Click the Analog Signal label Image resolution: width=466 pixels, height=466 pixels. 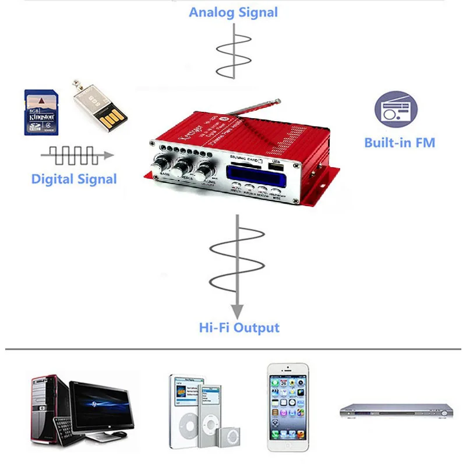pyautogui.click(x=234, y=12)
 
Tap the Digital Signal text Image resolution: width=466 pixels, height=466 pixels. pyautogui.click(x=74, y=179)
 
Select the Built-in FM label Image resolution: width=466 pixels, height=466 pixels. pyautogui.click(x=400, y=142)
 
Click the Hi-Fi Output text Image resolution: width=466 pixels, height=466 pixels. pyautogui.click(x=239, y=327)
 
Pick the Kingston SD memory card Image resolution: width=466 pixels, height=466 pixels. pyautogui.click(x=41, y=112)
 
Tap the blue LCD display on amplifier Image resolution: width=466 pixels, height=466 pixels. pyautogui.click(x=251, y=175)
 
